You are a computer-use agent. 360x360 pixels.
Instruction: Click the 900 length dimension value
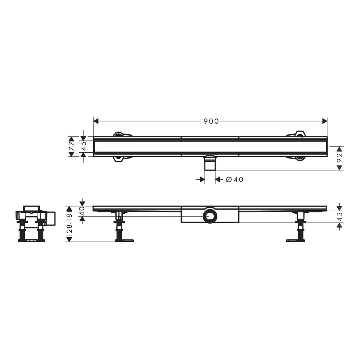[211, 121]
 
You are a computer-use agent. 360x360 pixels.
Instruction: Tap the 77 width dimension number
[72, 147]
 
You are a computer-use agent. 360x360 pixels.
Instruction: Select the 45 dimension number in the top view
[84, 146]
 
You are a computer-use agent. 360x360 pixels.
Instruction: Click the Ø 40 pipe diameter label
[235, 179]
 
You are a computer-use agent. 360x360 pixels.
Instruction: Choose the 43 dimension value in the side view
[340, 216]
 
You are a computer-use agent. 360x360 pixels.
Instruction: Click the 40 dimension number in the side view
[82, 211]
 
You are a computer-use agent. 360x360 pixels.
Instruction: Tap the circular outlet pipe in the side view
[210, 215]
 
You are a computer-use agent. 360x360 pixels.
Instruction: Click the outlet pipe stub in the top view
[210, 163]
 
